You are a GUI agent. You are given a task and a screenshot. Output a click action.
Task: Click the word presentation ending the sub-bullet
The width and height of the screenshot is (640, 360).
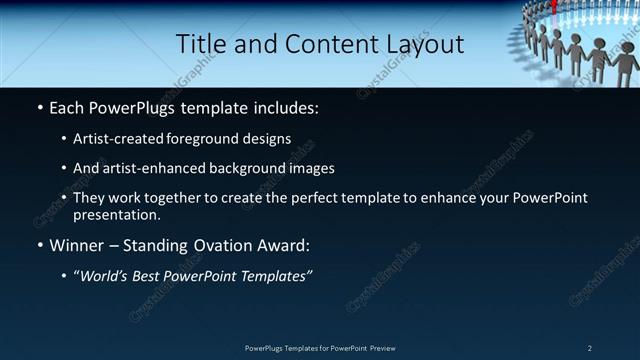click(x=116, y=214)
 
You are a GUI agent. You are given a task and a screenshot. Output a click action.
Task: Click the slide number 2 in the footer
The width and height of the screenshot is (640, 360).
click(x=590, y=348)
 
